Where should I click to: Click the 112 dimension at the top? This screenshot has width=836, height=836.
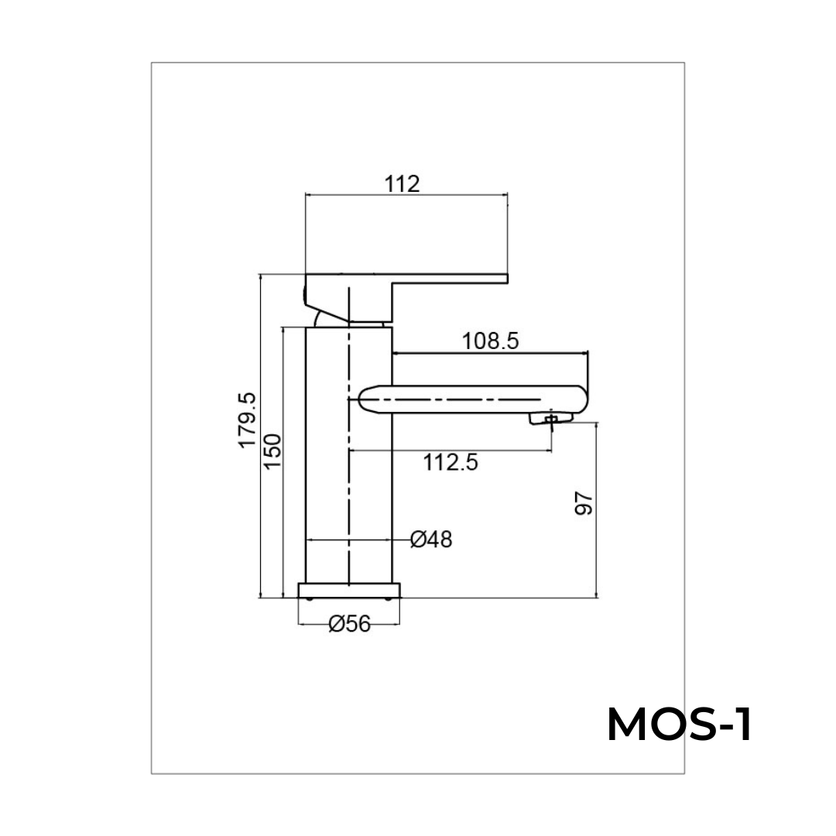(402, 184)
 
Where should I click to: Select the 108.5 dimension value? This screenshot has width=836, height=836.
(490, 341)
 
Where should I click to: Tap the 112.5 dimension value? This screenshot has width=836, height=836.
(451, 463)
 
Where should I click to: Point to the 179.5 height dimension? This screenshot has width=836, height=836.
(247, 420)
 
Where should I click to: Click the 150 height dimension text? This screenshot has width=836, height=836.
(272, 451)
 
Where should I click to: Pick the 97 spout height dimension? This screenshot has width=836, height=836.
(584, 503)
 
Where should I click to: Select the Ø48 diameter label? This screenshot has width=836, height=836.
(431, 540)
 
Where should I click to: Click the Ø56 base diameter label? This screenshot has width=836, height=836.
(350, 624)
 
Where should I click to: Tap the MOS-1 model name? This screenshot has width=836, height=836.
(678, 726)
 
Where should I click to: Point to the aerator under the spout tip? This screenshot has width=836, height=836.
(550, 419)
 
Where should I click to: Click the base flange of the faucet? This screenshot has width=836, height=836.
(350, 590)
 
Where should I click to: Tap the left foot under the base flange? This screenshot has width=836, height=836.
(310, 598)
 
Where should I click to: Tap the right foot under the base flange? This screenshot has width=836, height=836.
(389, 598)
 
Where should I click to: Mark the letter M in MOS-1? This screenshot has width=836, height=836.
(629, 726)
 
